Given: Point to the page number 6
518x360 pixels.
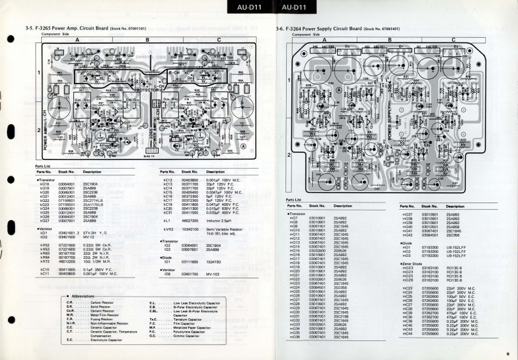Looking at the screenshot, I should coord(506,354).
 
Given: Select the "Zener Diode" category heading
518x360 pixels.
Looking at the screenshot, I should coord(415,263).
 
